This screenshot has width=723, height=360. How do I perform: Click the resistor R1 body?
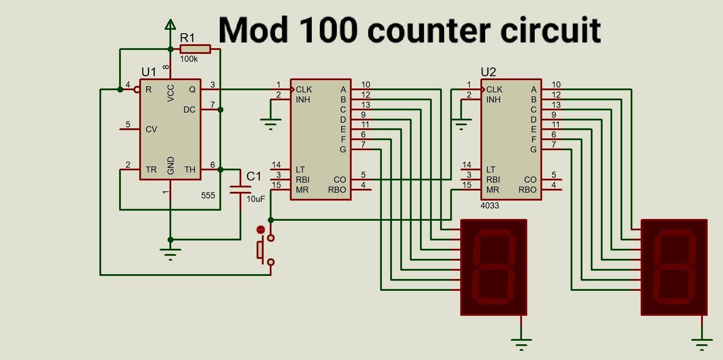pos(195,49)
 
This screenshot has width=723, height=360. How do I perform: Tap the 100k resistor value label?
pos(189,59)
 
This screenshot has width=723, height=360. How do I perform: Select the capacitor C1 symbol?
pos(240,190)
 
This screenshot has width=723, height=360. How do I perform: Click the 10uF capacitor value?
pos(256,199)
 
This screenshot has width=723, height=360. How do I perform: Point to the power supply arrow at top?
pos(170,25)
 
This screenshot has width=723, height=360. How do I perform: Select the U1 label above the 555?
pos(149,72)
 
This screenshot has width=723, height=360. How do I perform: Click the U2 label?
pos(488,72)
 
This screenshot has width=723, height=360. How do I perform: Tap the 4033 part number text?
pos(490,206)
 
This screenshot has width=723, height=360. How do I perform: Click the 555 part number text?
pos(208,195)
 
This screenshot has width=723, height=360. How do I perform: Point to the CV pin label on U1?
pos(151,130)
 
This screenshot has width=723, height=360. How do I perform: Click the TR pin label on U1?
pos(151,169)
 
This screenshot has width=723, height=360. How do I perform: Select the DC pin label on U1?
pos(189,110)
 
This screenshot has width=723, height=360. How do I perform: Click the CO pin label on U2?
pos(530,180)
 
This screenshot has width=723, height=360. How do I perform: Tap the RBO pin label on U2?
pos(527,190)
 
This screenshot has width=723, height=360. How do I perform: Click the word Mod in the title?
pos(253,30)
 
